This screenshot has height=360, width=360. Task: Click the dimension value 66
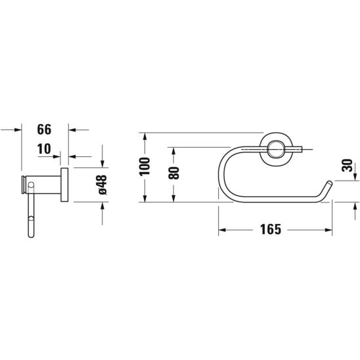tap(44, 129)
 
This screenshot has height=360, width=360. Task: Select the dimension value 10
tap(44, 148)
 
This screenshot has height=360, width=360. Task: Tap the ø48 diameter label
tap(102, 185)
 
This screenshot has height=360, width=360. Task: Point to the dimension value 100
tap(145, 166)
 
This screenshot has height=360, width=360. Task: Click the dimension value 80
tap(173, 173)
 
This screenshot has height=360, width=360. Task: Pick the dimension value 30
tap(347, 166)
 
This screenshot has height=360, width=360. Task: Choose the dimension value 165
tap(271, 229)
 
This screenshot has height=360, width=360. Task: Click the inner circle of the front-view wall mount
tap(276, 149)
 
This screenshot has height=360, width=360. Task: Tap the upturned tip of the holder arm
tap(329, 183)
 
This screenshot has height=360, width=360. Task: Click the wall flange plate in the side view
tap(64, 185)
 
